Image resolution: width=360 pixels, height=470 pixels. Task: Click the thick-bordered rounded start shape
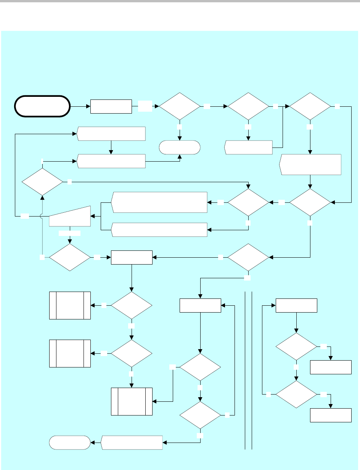tap(42, 106)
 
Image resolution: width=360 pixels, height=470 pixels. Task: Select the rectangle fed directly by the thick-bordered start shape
tap(111, 106)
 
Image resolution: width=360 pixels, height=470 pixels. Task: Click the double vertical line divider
tap(248, 370)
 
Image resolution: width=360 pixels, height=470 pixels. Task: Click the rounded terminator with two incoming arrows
tap(180, 147)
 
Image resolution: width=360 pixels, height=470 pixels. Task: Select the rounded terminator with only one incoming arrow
tap(70, 443)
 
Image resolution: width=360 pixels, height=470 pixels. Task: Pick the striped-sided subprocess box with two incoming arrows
tap(132, 401)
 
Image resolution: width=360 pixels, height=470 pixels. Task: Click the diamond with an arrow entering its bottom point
tap(42, 181)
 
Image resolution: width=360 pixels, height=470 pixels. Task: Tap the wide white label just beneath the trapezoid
tap(70, 233)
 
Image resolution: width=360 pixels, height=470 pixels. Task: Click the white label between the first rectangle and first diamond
tap(145, 106)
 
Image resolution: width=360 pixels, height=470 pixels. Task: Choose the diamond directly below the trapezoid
tap(70, 257)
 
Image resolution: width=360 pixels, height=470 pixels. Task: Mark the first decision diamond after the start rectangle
tap(180, 106)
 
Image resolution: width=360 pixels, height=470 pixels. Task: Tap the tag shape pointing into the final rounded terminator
tap(132, 443)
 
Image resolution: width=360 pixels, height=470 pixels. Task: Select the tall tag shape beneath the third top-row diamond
tap(310, 165)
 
